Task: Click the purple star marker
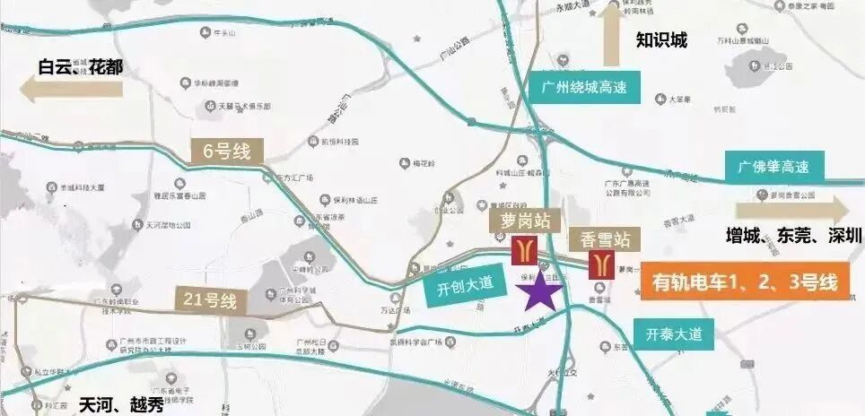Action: pos(542,292)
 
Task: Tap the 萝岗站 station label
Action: pos(518,221)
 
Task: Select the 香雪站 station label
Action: pos(600,239)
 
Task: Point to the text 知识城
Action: pos(660,40)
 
